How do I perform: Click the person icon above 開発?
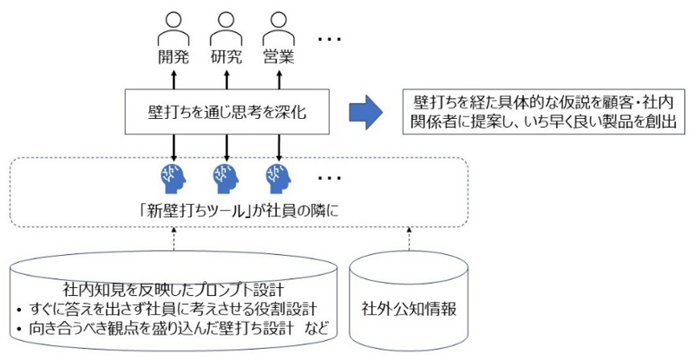(172, 29)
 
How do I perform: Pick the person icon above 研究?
(226, 29)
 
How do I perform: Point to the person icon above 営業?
(278, 29)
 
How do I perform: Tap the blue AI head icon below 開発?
(172, 177)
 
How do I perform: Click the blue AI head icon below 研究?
(226, 177)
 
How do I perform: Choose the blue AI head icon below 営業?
(278, 177)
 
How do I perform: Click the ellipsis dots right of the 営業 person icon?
(330, 40)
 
